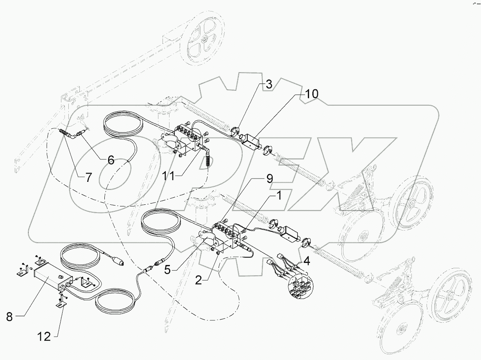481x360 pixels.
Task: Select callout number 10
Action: coord(310,94)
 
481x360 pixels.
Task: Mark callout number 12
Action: coord(44,337)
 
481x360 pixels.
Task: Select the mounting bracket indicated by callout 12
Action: coord(60,303)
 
